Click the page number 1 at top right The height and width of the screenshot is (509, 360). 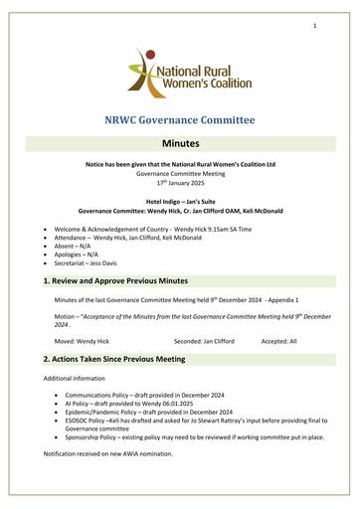(313, 27)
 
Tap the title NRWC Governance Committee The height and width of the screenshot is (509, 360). (180, 120)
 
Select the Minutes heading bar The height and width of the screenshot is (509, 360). (180, 144)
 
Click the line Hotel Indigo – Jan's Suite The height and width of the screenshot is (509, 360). (180, 202)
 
